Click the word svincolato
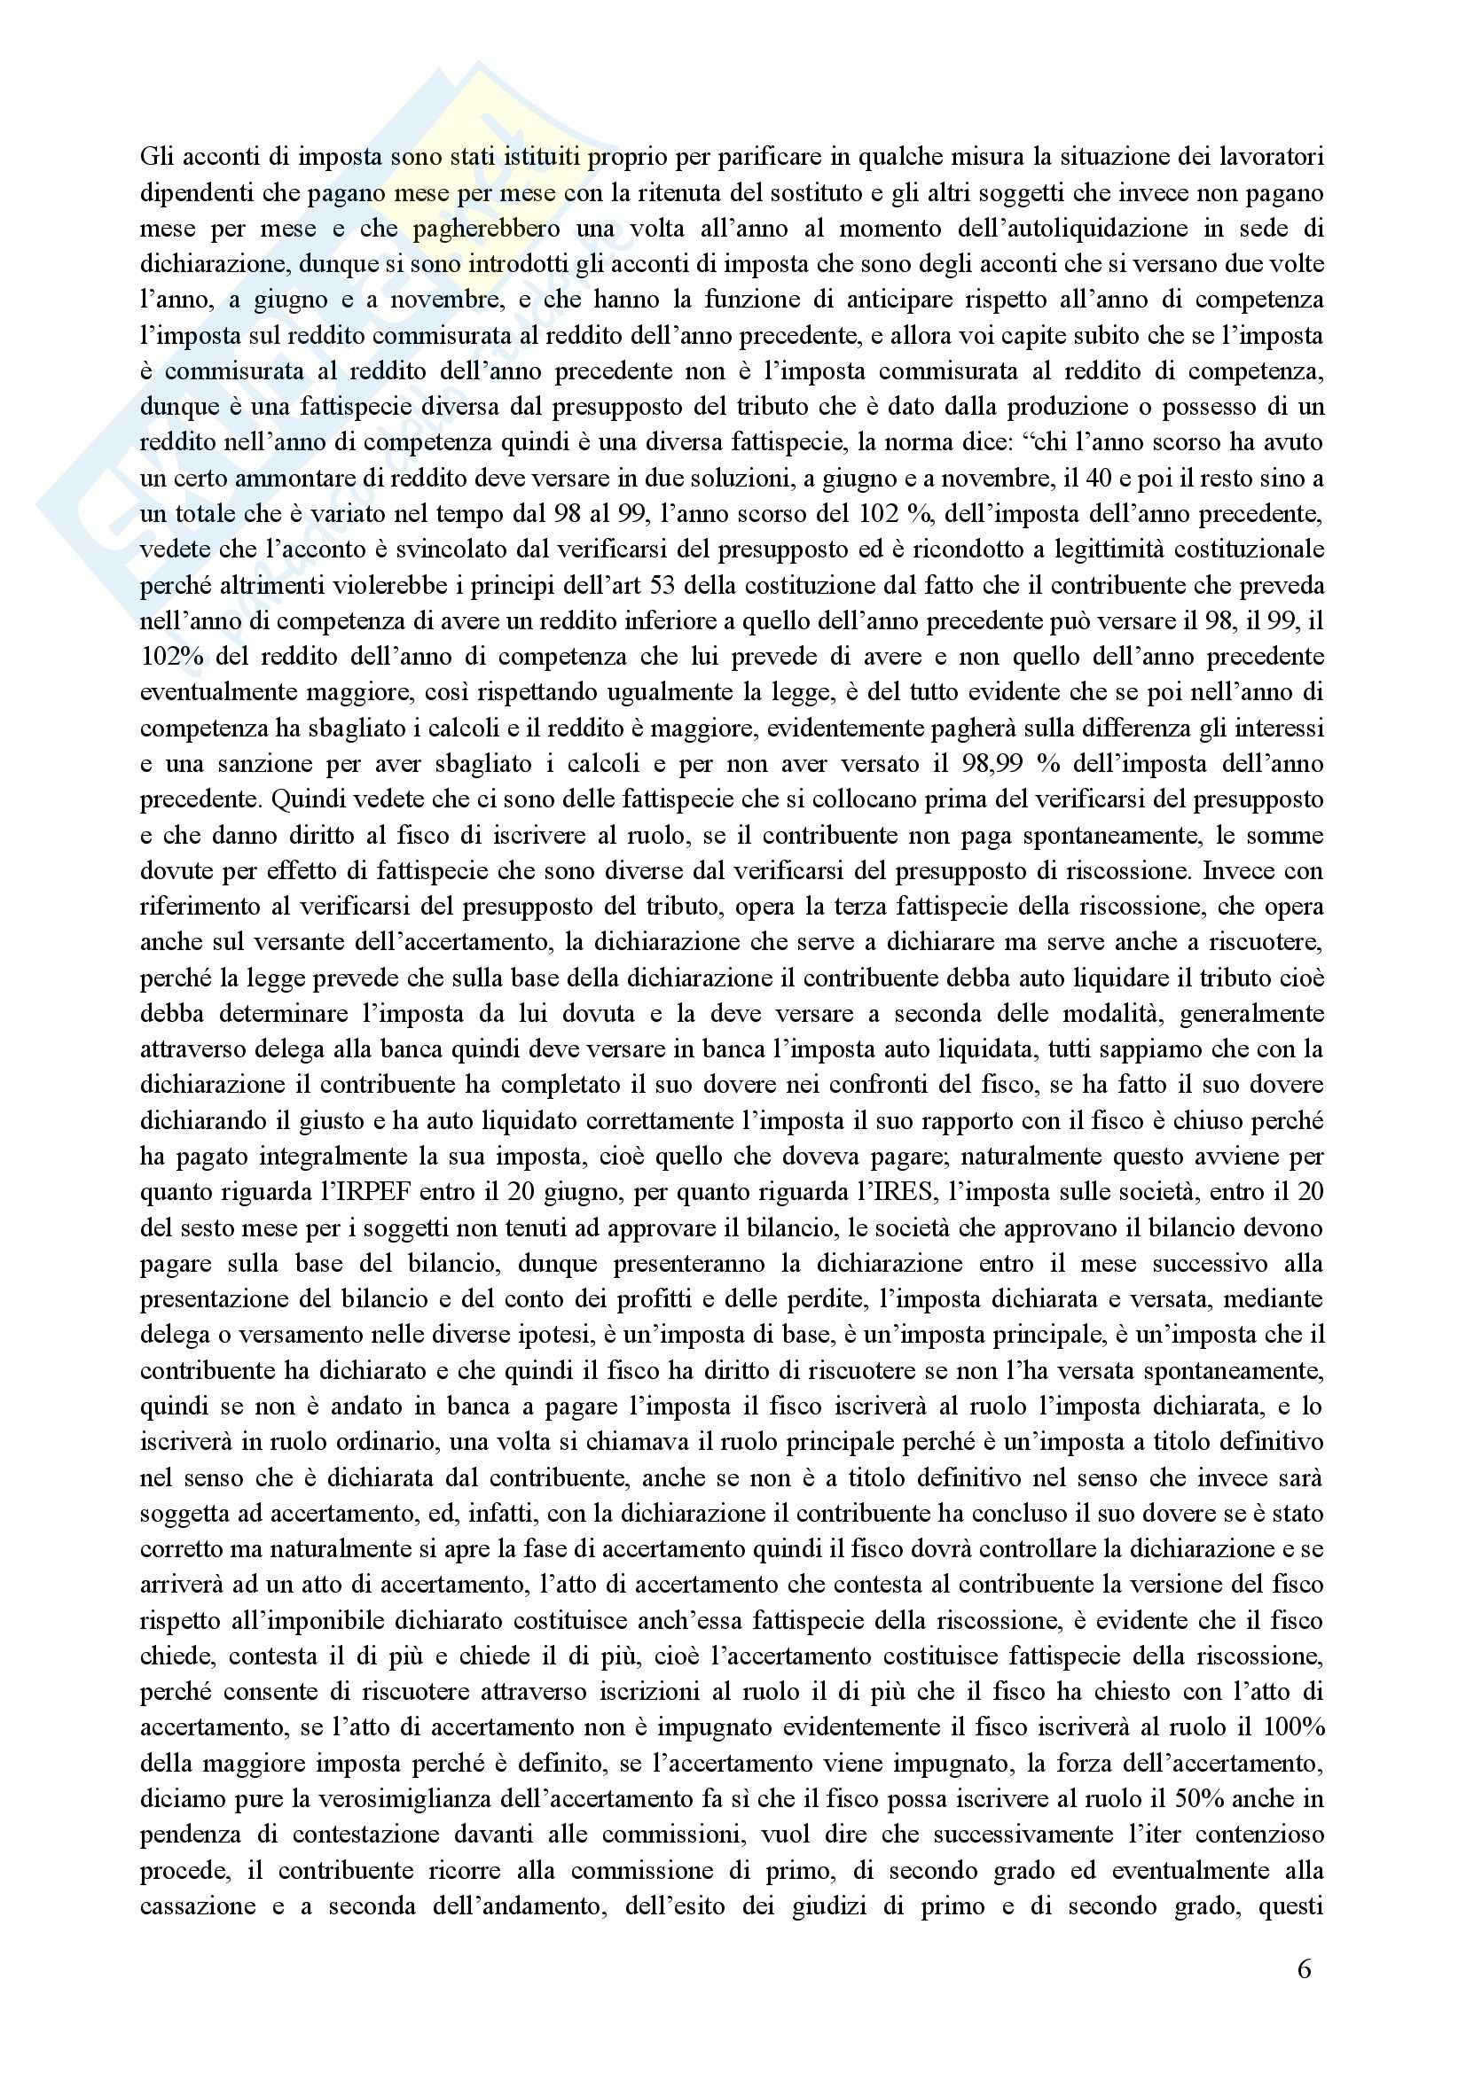click(x=438, y=549)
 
